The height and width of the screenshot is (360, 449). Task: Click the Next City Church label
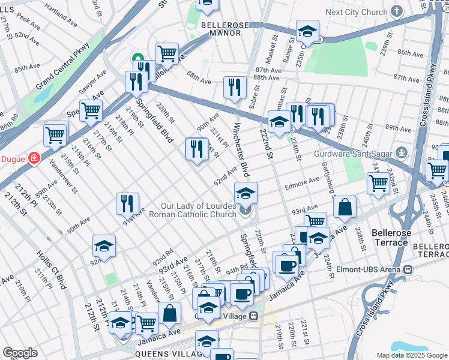click(x=356, y=12)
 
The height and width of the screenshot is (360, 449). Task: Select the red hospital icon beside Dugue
click(x=34, y=158)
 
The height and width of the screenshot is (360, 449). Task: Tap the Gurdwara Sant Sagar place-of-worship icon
click(x=402, y=153)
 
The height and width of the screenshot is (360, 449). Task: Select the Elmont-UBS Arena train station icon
click(x=408, y=270)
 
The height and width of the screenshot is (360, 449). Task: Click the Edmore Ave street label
click(x=306, y=181)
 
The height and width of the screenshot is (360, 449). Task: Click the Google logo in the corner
click(x=20, y=353)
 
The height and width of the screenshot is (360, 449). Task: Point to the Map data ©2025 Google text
click(x=411, y=355)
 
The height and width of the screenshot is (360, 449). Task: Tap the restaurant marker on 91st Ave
click(x=127, y=204)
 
